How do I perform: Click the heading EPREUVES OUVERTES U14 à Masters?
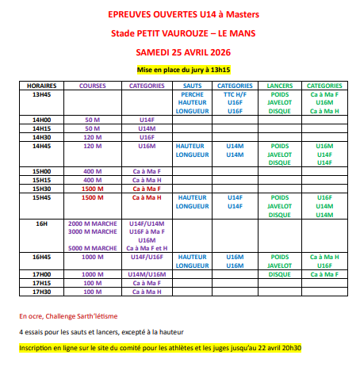[180, 15]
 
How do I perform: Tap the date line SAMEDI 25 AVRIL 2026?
[181, 52]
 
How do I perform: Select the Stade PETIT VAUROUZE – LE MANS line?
[180, 33]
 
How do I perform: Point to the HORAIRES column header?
[41, 85]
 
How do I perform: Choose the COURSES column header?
[93, 85]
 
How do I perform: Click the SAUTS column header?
[192, 85]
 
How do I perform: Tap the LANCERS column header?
[280, 85]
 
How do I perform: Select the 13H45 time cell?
[41, 94]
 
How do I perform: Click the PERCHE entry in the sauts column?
[192, 94]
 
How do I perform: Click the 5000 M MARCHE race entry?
[93, 248]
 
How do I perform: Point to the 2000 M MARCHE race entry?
[93, 224]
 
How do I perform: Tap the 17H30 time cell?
[41, 292]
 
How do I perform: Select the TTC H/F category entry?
[235, 94]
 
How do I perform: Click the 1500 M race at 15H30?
[93, 189]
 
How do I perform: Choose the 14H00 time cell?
[41, 120]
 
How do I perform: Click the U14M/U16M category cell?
[147, 274]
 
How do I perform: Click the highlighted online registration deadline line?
[161, 348]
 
